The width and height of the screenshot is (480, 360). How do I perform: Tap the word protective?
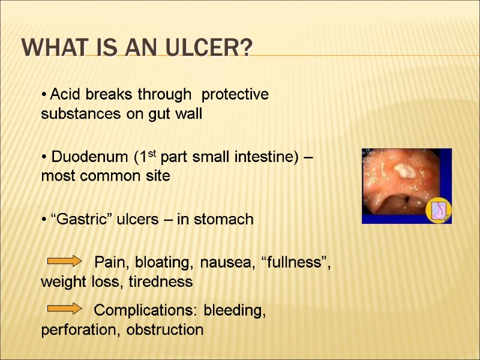click(235, 95)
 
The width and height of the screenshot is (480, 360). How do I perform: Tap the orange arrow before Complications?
click(65, 308)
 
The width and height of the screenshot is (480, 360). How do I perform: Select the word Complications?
click(147, 311)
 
